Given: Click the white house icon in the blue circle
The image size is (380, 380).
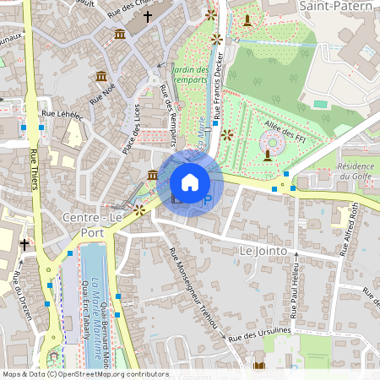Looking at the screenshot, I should click(190, 182).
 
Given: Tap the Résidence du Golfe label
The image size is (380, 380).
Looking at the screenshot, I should click(355, 172).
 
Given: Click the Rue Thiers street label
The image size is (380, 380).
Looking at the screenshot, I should click(35, 169).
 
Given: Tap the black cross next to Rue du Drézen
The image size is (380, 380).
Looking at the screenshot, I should click(24, 245).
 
